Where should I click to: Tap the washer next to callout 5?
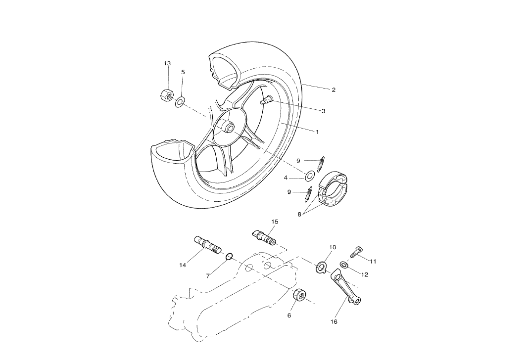pyautogui.click(x=180, y=102)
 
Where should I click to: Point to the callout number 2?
pyautogui.click(x=334, y=90)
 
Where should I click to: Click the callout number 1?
pyautogui.click(x=317, y=132)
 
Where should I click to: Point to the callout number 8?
pyautogui.click(x=299, y=215)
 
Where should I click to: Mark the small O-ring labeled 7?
pyautogui.click(x=229, y=256)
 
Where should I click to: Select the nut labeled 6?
pyautogui.click(x=299, y=295)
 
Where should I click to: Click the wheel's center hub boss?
pyautogui.click(x=230, y=127)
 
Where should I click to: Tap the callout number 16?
pyautogui.click(x=334, y=321)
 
